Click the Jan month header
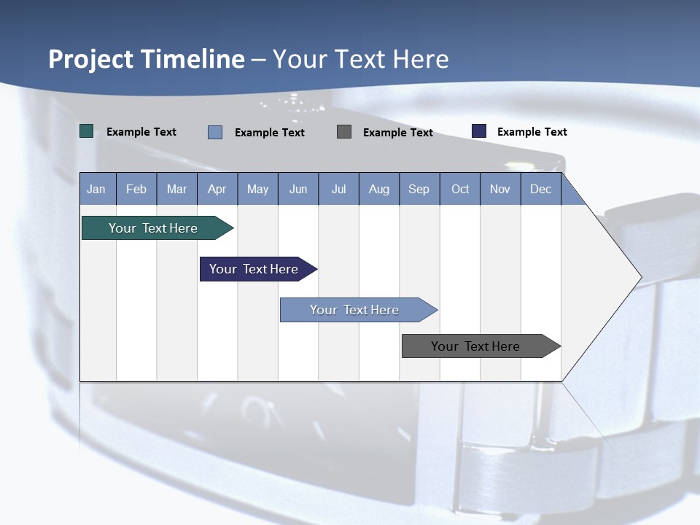(97, 189)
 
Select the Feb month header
(136, 189)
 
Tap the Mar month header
(176, 189)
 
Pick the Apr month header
(217, 189)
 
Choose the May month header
(257, 189)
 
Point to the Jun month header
(298, 189)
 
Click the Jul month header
(338, 189)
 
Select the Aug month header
(379, 189)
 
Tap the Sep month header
(419, 189)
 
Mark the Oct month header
(460, 189)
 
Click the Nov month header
(500, 189)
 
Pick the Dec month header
(541, 189)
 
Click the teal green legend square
(87, 131)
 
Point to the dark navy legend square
(479, 131)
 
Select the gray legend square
(344, 131)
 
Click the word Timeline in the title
(188, 59)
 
